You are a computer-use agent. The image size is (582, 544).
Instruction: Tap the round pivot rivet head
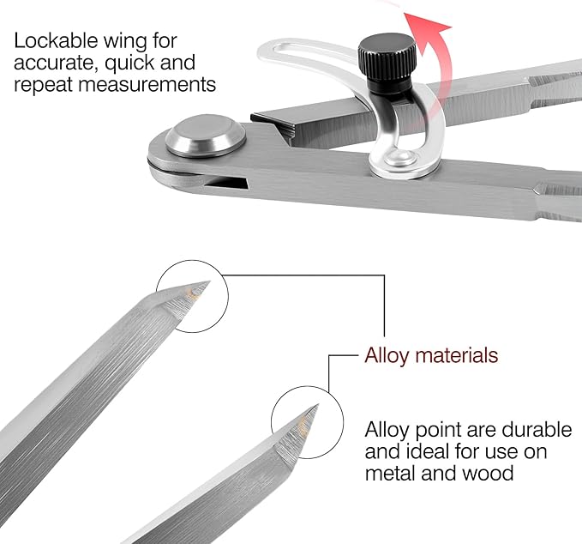(x=205, y=136)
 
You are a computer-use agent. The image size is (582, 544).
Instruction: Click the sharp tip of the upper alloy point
(x=210, y=281)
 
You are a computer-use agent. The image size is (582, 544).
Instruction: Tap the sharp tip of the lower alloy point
(x=318, y=405)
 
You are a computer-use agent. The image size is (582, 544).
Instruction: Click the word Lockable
(x=56, y=40)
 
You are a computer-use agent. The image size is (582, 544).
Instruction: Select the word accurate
(x=57, y=63)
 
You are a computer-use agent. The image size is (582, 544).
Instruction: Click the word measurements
(x=147, y=84)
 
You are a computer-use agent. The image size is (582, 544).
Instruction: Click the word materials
(x=456, y=355)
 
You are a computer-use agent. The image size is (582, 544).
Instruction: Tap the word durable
(x=537, y=430)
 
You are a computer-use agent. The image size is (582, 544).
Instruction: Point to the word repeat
(x=43, y=85)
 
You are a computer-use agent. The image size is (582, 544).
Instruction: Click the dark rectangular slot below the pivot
(x=226, y=183)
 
